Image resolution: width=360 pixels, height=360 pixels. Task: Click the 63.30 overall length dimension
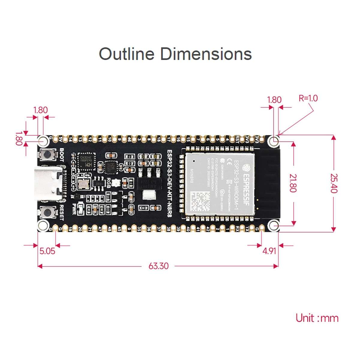click(158, 266)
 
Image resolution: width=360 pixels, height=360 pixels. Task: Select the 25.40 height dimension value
click(334, 183)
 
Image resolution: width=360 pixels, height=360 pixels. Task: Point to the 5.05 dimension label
click(47, 251)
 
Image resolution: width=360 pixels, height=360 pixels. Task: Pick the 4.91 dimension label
click(269, 251)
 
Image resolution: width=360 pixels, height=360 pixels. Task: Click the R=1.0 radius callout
click(308, 98)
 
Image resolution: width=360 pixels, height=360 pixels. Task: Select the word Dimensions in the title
click(206, 54)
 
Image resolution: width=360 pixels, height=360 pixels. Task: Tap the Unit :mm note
click(317, 318)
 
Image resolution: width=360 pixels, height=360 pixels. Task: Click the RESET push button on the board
click(47, 212)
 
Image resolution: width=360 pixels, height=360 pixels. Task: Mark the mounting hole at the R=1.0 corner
click(274, 140)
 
